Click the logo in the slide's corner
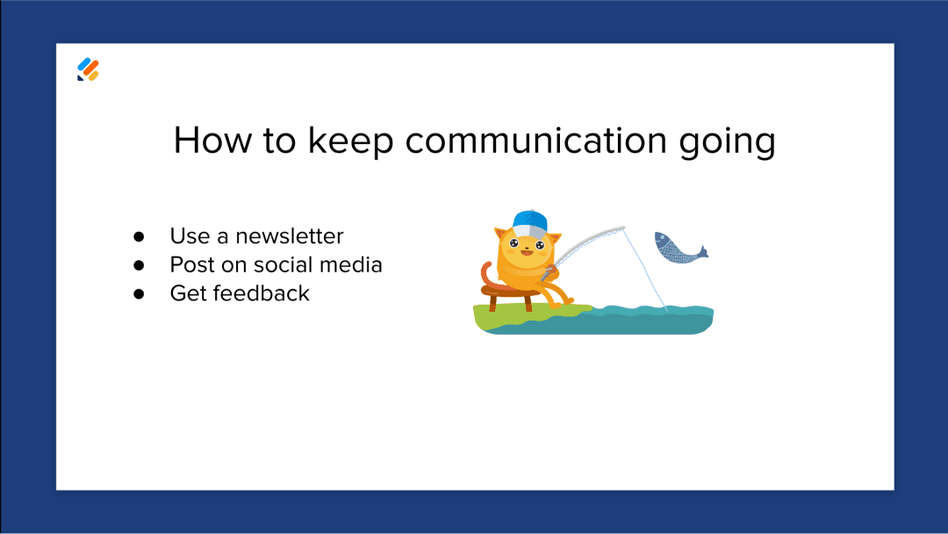click(88, 70)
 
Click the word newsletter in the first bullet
click(290, 236)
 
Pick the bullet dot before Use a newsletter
click(139, 237)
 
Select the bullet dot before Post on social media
click(139, 265)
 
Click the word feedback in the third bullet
click(261, 292)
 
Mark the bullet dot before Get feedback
click(139, 293)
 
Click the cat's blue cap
click(529, 220)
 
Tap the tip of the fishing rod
click(624, 228)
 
